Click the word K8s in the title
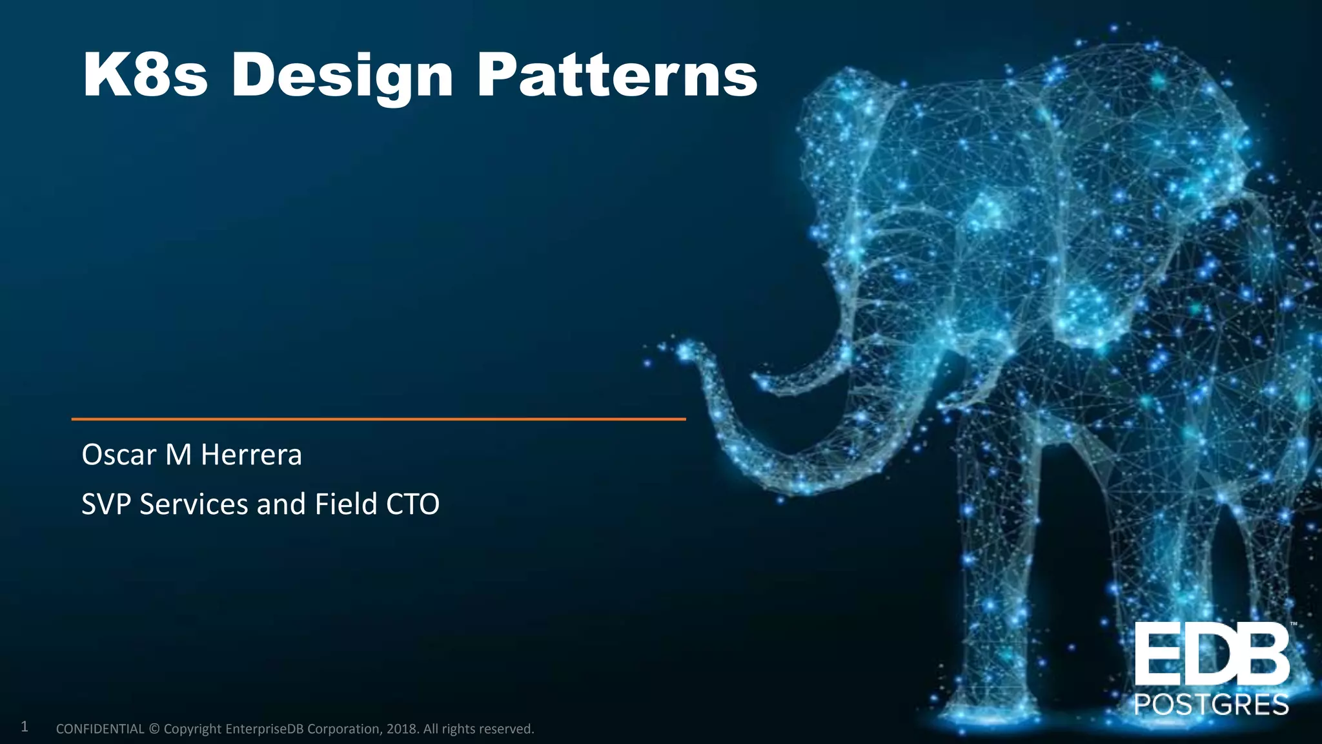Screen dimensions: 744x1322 [x=145, y=76]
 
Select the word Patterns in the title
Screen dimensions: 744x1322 [x=616, y=76]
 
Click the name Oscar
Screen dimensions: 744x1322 [x=119, y=455]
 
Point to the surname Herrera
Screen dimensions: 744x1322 [x=251, y=455]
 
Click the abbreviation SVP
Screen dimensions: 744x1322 [x=107, y=504]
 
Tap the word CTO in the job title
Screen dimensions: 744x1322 [x=412, y=504]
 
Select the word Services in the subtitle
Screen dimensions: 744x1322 [x=194, y=504]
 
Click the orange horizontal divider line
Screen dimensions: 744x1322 [x=378, y=419]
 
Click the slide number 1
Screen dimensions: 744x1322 [x=25, y=727]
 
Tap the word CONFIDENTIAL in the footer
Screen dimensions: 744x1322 [x=100, y=729]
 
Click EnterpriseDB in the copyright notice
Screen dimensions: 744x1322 [x=265, y=729]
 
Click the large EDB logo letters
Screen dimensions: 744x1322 [x=1211, y=654]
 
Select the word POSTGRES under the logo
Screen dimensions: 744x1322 [x=1211, y=704]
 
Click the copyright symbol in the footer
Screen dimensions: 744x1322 [x=154, y=729]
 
